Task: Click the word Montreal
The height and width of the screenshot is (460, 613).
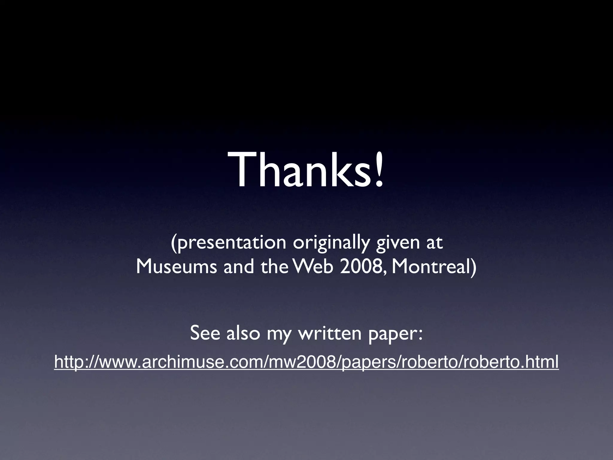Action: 430,267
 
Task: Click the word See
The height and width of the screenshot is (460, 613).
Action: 206,333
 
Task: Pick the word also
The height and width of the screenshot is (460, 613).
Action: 243,333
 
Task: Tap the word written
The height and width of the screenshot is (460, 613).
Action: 330,333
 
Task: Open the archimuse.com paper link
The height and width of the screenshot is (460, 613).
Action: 306,362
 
